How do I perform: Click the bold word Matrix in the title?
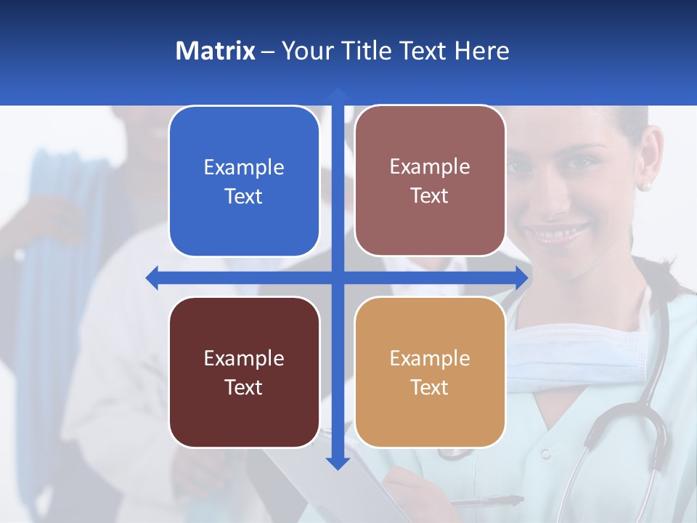point(215,51)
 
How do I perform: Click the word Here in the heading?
point(481,51)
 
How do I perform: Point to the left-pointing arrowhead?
point(152,277)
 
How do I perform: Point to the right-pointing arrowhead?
point(521,277)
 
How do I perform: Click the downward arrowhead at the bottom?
point(338,462)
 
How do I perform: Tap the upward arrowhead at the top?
point(338,94)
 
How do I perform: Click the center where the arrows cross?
point(338,277)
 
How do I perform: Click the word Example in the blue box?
point(244,168)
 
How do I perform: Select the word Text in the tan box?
point(430,387)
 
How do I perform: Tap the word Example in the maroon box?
point(244,358)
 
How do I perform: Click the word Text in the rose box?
point(430,196)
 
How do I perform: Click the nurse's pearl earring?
point(644,186)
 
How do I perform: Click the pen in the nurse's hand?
point(486,501)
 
